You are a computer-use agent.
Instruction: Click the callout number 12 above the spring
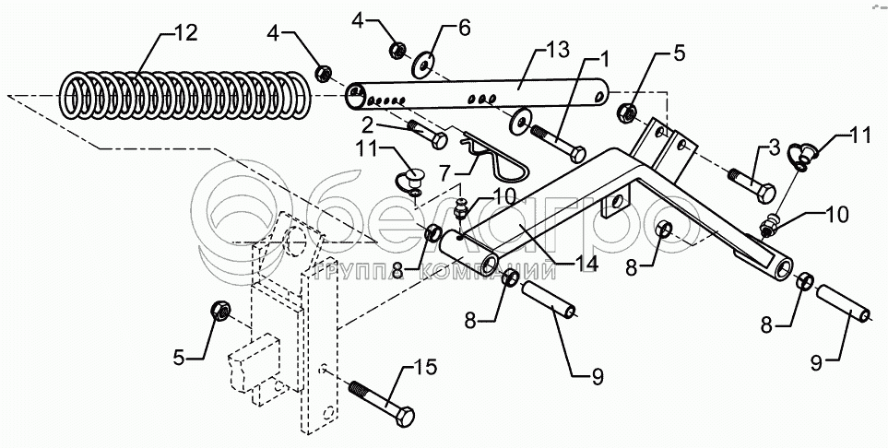[x=185, y=33]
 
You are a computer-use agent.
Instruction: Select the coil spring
[x=185, y=95]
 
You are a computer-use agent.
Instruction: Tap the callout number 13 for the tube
[x=557, y=50]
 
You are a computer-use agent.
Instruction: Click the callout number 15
[x=425, y=367]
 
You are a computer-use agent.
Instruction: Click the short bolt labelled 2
[x=427, y=135]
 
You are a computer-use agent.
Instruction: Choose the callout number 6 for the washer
[x=465, y=28]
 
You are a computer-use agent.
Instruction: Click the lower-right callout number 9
[x=815, y=363]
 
